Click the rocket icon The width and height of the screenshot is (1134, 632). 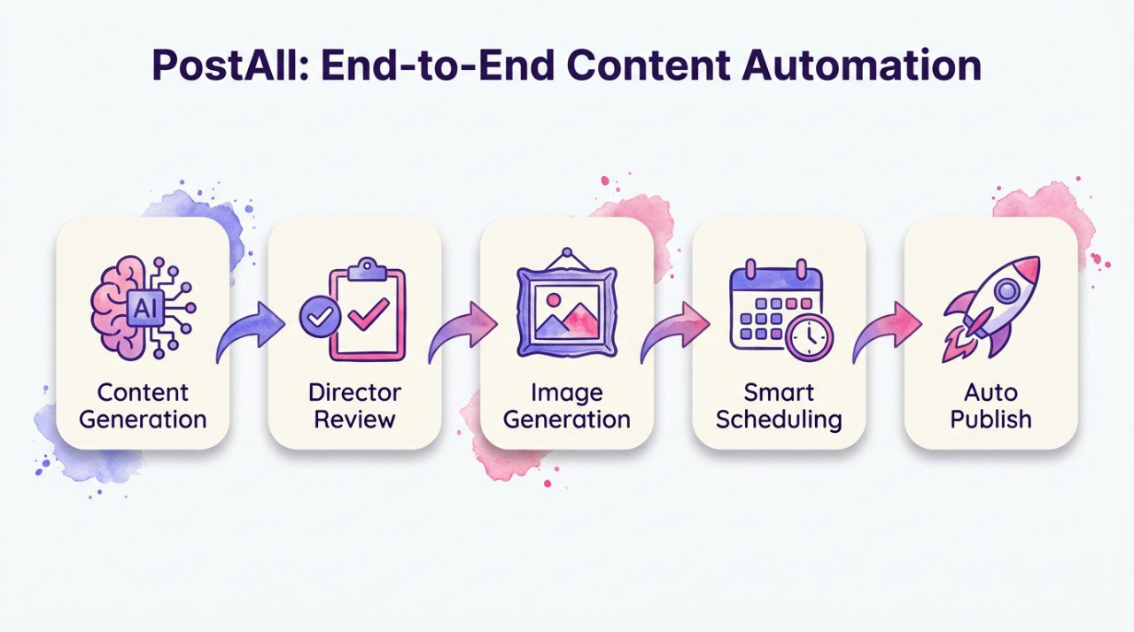coord(992,305)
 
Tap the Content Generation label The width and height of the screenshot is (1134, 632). coord(143,405)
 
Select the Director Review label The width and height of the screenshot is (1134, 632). coord(354,405)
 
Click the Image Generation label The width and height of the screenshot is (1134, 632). coord(567,405)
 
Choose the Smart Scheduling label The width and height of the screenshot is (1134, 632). coord(779,405)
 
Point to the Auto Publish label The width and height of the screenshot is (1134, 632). coord(991,405)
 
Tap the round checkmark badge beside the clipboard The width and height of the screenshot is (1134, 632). coord(315,317)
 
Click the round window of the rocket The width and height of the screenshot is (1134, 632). coord(1008,289)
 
